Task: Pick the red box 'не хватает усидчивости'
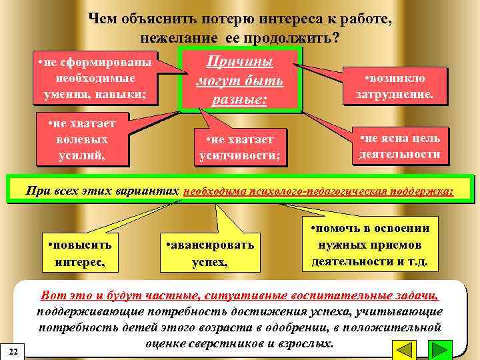pos(239,147)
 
